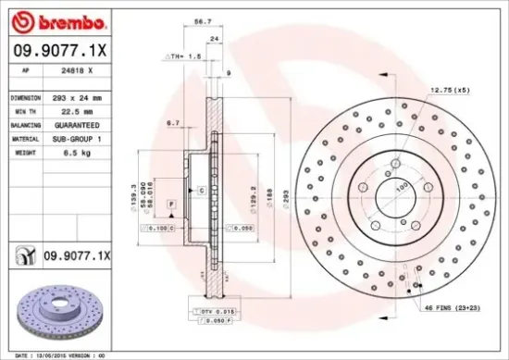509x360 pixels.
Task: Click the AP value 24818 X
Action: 76,69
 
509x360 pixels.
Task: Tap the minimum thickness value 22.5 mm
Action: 71,109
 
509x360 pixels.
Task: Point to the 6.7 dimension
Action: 172,122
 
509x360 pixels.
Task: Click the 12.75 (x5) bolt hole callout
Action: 449,90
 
